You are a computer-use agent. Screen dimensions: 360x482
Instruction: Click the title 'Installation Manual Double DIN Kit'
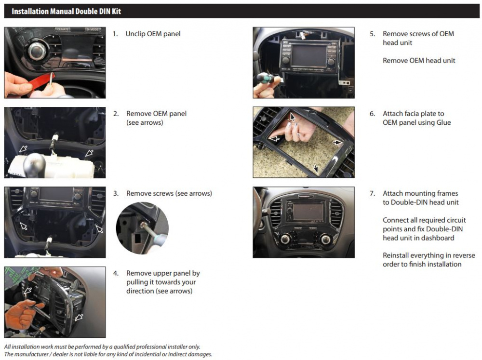[66, 11]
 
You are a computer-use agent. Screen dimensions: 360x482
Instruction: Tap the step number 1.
[115, 34]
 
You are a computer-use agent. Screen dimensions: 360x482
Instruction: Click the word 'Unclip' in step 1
[135, 34]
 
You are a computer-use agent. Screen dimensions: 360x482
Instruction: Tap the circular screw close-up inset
[142, 228]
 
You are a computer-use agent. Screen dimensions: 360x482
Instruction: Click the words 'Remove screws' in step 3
[150, 193]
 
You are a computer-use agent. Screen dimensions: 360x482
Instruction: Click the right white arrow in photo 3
[99, 228]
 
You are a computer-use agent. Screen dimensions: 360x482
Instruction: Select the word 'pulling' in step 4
[138, 282]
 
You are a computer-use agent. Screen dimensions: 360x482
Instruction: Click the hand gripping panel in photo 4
[22, 313]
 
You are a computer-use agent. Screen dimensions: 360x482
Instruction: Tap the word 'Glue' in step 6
[443, 123]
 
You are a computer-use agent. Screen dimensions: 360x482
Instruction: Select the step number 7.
[372, 194]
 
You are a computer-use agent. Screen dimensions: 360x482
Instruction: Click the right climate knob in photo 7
[326, 239]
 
